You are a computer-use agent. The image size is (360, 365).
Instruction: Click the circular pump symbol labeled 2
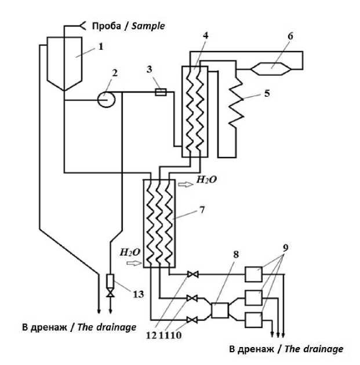point(106,99)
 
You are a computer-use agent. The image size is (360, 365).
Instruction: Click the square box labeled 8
point(219,311)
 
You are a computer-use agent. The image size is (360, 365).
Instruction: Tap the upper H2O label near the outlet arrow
point(206,180)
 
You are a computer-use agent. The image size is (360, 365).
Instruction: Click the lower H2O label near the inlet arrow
point(129,253)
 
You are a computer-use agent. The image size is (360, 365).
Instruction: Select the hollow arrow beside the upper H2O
point(185,184)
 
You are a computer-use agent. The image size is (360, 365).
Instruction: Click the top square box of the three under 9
point(253,274)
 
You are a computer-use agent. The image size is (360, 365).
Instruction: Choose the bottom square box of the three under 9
point(253,319)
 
